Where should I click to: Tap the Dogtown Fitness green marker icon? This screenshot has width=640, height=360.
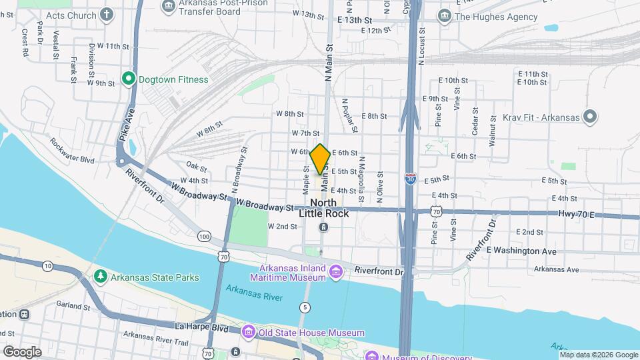(x=129, y=79)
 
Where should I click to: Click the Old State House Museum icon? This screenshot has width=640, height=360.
(x=249, y=332)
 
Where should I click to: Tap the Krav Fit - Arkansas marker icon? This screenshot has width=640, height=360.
(x=589, y=117)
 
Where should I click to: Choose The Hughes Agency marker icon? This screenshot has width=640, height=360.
(x=444, y=15)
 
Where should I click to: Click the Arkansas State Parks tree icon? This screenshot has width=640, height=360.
(x=100, y=275)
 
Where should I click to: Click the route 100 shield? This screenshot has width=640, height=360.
(x=204, y=237)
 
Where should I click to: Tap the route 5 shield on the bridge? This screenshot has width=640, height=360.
(x=305, y=307)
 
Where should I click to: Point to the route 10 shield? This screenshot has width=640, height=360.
(x=47, y=266)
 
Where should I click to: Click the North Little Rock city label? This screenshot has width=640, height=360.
(x=323, y=208)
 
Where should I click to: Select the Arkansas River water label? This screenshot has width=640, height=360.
(x=253, y=293)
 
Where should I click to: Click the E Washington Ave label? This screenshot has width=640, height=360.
(x=521, y=251)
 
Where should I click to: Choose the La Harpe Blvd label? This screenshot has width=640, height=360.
(x=201, y=328)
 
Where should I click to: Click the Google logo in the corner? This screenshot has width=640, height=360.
(x=21, y=351)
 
